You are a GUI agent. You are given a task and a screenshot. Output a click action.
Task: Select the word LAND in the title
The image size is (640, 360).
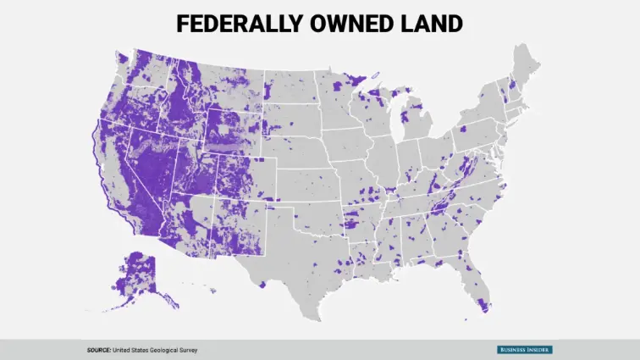(x=433, y=24)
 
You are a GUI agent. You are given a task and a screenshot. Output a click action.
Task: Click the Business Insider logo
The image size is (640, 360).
(x=524, y=350)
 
